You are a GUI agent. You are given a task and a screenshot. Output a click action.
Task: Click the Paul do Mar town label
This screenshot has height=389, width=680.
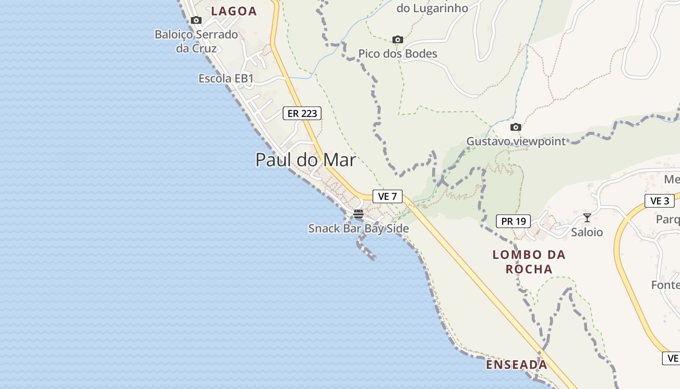306,160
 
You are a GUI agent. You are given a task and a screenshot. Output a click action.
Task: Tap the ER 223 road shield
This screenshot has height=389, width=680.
302,114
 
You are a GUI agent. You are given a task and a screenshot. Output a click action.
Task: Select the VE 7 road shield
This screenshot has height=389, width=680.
387,196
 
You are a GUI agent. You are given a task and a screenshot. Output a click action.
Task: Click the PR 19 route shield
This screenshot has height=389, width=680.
513,221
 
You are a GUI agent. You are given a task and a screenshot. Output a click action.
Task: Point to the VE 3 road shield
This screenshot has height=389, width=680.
660,201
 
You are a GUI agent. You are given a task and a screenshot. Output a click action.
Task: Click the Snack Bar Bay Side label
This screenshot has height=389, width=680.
358,229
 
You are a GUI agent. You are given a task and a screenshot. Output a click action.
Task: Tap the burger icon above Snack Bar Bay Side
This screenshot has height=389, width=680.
358,214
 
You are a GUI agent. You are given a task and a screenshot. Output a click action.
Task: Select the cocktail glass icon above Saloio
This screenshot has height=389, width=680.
587,218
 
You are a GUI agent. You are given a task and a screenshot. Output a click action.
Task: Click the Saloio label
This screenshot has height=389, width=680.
587,232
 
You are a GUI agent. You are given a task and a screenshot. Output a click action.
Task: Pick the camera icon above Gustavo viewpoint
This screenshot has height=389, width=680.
516,127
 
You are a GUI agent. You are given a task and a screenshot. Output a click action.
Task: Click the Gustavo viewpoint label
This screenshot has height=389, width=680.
516,141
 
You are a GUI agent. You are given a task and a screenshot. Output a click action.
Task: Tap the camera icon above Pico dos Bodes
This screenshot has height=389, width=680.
398,39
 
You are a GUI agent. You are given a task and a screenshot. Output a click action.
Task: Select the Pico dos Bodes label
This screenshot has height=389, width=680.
398,53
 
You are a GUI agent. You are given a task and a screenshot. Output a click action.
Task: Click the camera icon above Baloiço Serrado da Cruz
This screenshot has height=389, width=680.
196,20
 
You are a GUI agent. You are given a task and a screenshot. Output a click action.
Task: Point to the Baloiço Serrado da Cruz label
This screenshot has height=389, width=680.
196,41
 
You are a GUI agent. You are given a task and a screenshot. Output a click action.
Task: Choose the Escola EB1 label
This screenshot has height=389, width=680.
226,78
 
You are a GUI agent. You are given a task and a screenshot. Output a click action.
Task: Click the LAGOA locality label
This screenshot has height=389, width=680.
234,11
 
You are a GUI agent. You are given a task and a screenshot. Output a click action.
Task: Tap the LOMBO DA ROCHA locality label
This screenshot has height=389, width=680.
529,262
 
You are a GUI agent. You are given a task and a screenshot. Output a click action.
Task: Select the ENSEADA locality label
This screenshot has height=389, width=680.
516,365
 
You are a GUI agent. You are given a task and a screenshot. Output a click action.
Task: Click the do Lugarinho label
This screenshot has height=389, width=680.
432,8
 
